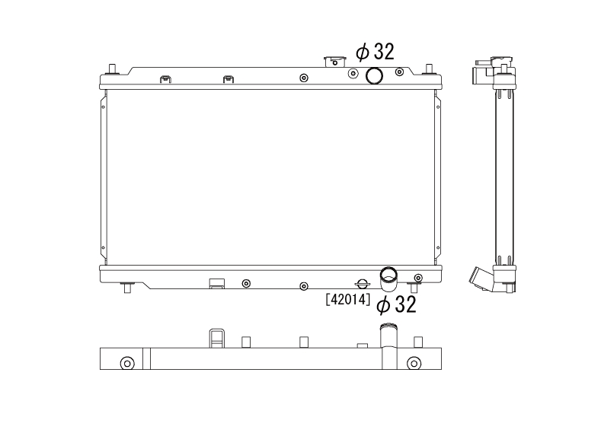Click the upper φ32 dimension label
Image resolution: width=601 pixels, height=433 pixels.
[x=375, y=52]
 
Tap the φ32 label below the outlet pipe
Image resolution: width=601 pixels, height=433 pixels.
[x=396, y=304]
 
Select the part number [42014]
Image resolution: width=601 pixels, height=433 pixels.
[x=348, y=299]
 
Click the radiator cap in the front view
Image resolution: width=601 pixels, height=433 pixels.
[x=335, y=61]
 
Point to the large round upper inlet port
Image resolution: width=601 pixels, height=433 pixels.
[x=374, y=75]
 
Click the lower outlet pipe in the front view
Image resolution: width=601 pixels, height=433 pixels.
[x=388, y=279]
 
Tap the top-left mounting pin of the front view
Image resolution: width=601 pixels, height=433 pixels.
[x=112, y=69]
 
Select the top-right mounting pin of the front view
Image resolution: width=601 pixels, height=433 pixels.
[x=429, y=69]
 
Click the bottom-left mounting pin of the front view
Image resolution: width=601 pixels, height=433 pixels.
[x=127, y=287]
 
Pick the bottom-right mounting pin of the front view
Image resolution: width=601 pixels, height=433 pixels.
[x=414, y=287]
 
